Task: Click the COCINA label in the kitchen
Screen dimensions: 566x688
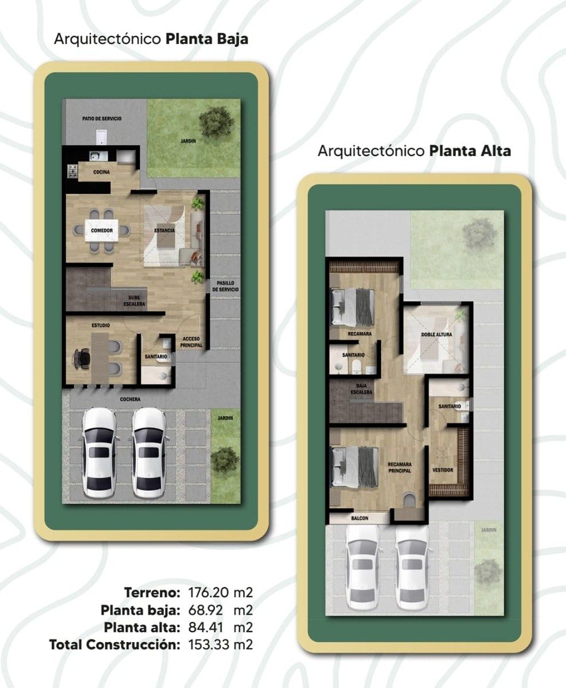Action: [x=102, y=172]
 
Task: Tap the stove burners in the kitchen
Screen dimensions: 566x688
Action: [x=72, y=171]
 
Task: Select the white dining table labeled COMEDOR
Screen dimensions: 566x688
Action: [x=102, y=230]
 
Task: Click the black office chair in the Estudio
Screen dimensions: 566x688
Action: [x=82, y=359]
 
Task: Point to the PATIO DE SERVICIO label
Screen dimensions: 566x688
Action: [x=102, y=119]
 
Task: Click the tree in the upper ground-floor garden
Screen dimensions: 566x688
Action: [x=216, y=122]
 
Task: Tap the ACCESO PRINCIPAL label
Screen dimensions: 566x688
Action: [x=192, y=342]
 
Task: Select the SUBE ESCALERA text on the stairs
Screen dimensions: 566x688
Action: [x=134, y=301]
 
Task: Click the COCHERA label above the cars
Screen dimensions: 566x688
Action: [x=130, y=399]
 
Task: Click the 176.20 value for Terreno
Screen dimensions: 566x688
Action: [x=209, y=592]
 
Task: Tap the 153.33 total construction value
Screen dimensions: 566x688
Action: [x=209, y=644]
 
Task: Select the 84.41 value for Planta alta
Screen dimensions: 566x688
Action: [x=205, y=627]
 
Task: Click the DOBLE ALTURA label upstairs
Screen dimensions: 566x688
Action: [x=436, y=334]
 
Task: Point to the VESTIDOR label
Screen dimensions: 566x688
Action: [x=443, y=470]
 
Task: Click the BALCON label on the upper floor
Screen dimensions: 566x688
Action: [x=360, y=518]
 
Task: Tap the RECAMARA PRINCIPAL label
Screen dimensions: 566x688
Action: [x=400, y=467]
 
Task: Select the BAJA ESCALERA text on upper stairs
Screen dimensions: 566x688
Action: [x=361, y=389]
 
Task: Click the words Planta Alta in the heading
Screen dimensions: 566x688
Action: [x=470, y=151]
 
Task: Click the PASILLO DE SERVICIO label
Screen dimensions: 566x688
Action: [x=225, y=286]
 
